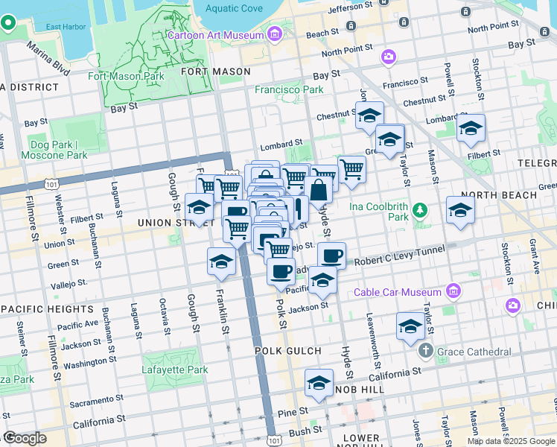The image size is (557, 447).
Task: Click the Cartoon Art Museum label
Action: [215, 35]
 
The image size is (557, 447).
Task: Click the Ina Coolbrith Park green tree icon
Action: [421, 211]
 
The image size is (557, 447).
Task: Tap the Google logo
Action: [25, 437]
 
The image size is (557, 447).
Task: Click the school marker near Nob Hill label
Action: [319, 383]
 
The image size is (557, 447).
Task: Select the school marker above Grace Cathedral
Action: [410, 326]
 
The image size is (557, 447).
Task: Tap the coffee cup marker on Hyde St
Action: [331, 256]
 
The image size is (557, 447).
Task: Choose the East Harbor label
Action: [63, 28]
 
